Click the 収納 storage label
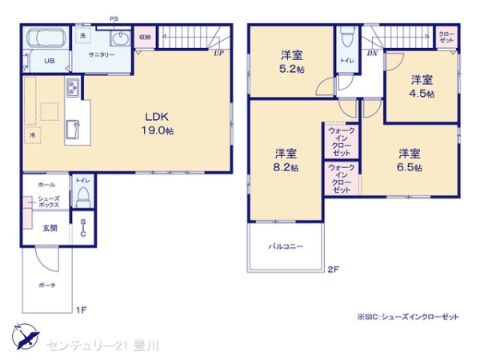144,38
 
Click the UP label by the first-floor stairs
218,54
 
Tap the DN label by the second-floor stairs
372,54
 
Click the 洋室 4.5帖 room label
422,86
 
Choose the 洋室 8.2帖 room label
286,160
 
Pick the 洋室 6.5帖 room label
410,159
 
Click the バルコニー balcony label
286,246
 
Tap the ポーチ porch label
46,285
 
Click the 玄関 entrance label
50,228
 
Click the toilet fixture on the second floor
346,38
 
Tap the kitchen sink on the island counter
72,126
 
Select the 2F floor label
333,269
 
